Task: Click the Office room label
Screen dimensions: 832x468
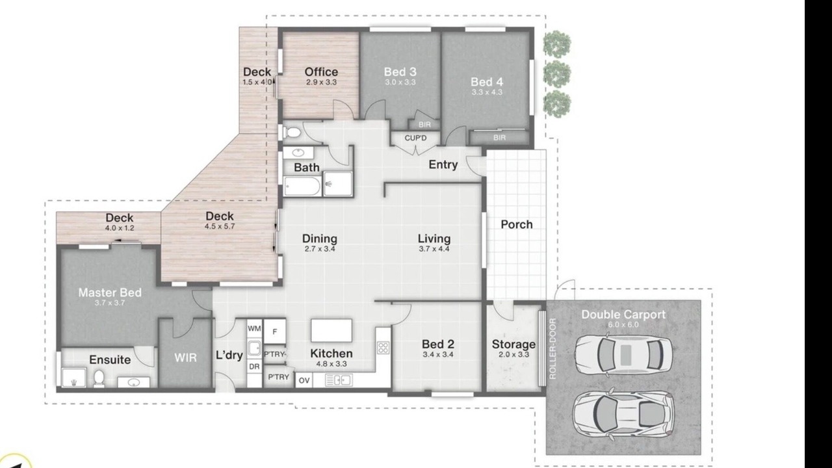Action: pyautogui.click(x=321, y=71)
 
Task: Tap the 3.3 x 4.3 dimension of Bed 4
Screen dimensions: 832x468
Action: pyautogui.click(x=487, y=92)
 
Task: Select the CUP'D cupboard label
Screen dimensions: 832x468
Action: pyautogui.click(x=415, y=138)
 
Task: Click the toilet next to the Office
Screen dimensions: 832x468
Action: pyautogui.click(x=292, y=132)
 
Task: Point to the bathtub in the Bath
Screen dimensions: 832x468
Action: pyautogui.click(x=302, y=186)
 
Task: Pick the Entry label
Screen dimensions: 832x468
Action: pyautogui.click(x=443, y=164)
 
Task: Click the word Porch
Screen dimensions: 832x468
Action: pyautogui.click(x=517, y=224)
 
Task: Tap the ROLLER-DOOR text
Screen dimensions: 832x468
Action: pyautogui.click(x=552, y=348)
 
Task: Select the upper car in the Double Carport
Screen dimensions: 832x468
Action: pyautogui.click(x=623, y=354)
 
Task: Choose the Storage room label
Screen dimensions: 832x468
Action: pyautogui.click(x=513, y=344)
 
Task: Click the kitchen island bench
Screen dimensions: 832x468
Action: pyautogui.click(x=331, y=330)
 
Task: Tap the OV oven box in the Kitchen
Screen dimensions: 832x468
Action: pyautogui.click(x=304, y=380)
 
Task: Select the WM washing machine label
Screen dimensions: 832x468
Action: pyautogui.click(x=254, y=328)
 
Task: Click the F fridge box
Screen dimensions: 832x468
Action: pyautogui.click(x=274, y=331)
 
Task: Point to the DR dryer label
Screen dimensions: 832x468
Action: pyautogui.click(x=254, y=367)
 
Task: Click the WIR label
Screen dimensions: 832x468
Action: pyautogui.click(x=185, y=357)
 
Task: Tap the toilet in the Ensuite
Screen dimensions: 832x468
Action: pyautogui.click(x=99, y=378)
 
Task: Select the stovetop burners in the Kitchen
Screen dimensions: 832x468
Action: pyautogui.click(x=383, y=348)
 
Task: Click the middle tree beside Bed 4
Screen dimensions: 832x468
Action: pyautogui.click(x=557, y=74)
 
